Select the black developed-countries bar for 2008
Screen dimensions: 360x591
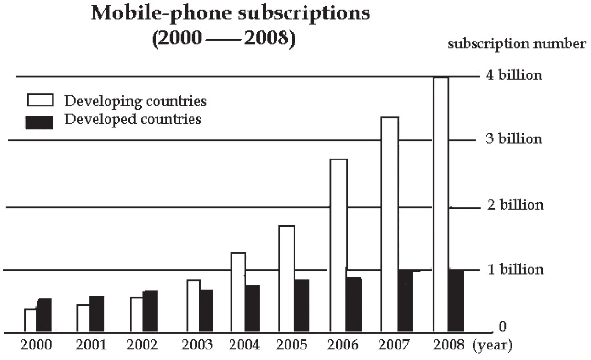click(x=456, y=301)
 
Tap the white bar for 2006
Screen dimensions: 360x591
click(x=338, y=245)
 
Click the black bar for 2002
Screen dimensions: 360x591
click(x=150, y=311)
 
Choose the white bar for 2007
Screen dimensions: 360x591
click(x=389, y=224)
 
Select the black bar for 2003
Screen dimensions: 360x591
click(x=206, y=311)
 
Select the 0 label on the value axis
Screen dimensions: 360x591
click(x=502, y=327)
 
